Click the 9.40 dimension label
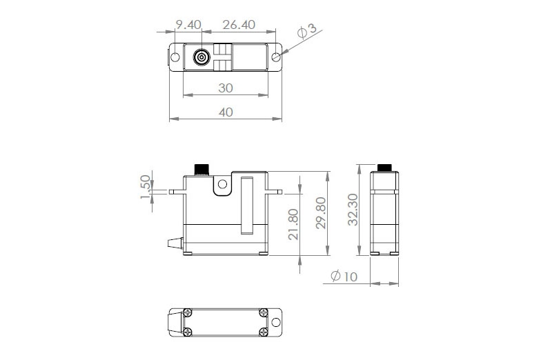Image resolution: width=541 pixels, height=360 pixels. pos(188,24)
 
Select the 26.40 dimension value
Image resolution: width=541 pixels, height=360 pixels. pos(239,24)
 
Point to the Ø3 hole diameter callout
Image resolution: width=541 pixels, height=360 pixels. pos(307,31)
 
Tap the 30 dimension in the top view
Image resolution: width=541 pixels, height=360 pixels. pos(226,88)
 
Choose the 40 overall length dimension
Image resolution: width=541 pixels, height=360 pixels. pos(226,112)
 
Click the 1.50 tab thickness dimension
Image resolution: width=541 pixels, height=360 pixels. pos(146,188)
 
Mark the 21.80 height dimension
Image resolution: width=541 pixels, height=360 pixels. pos(294,224)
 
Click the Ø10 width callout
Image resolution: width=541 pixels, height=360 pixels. pos(343,277)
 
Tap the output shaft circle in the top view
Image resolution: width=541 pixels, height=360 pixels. pos(201,57)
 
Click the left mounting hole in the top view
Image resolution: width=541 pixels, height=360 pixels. pos(175,57)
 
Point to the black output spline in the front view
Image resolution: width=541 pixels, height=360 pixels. pos(202,169)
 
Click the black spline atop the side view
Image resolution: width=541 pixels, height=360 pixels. pos(384,167)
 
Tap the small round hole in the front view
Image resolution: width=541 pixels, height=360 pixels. pos(222,184)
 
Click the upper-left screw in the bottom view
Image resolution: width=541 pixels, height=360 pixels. pos(187,312)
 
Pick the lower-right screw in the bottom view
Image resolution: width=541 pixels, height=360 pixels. pos(263,332)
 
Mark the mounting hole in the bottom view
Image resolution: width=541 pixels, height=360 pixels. pos(276,323)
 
